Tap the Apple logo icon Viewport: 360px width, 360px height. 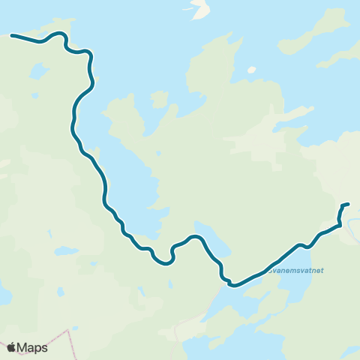point(11,347)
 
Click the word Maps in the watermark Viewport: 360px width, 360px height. point(33,347)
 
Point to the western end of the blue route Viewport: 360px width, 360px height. point(11,34)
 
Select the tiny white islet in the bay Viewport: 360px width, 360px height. point(252,70)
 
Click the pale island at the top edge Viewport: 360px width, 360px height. point(199,10)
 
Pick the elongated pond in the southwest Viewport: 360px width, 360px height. point(66,250)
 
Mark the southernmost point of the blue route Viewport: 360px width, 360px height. point(232,285)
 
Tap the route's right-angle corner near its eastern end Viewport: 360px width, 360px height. point(341,222)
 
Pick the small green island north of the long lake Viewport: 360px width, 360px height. point(159,99)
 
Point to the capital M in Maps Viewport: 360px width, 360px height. point(24,347)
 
